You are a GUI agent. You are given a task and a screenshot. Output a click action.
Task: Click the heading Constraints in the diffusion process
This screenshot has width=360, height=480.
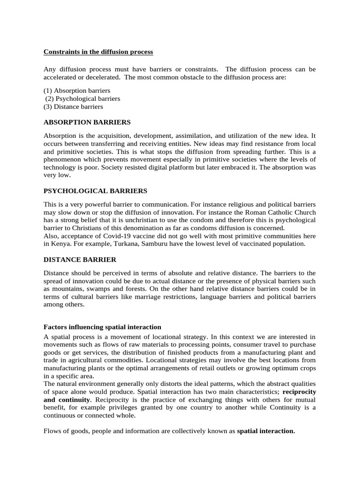(x=98, y=52)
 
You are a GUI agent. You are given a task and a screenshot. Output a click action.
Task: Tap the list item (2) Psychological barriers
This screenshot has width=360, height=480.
(x=82, y=99)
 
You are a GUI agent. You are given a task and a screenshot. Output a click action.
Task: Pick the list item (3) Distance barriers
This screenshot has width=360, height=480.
(x=73, y=107)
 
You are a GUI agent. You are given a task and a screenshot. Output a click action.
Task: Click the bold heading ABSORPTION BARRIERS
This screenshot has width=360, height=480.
(x=87, y=122)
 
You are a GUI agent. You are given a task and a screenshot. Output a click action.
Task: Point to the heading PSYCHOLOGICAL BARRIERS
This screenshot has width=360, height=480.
(x=95, y=191)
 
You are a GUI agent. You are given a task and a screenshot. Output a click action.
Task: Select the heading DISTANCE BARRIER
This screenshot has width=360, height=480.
(x=80, y=260)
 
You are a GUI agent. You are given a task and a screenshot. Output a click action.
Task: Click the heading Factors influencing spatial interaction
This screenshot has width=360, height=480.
(x=102, y=327)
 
